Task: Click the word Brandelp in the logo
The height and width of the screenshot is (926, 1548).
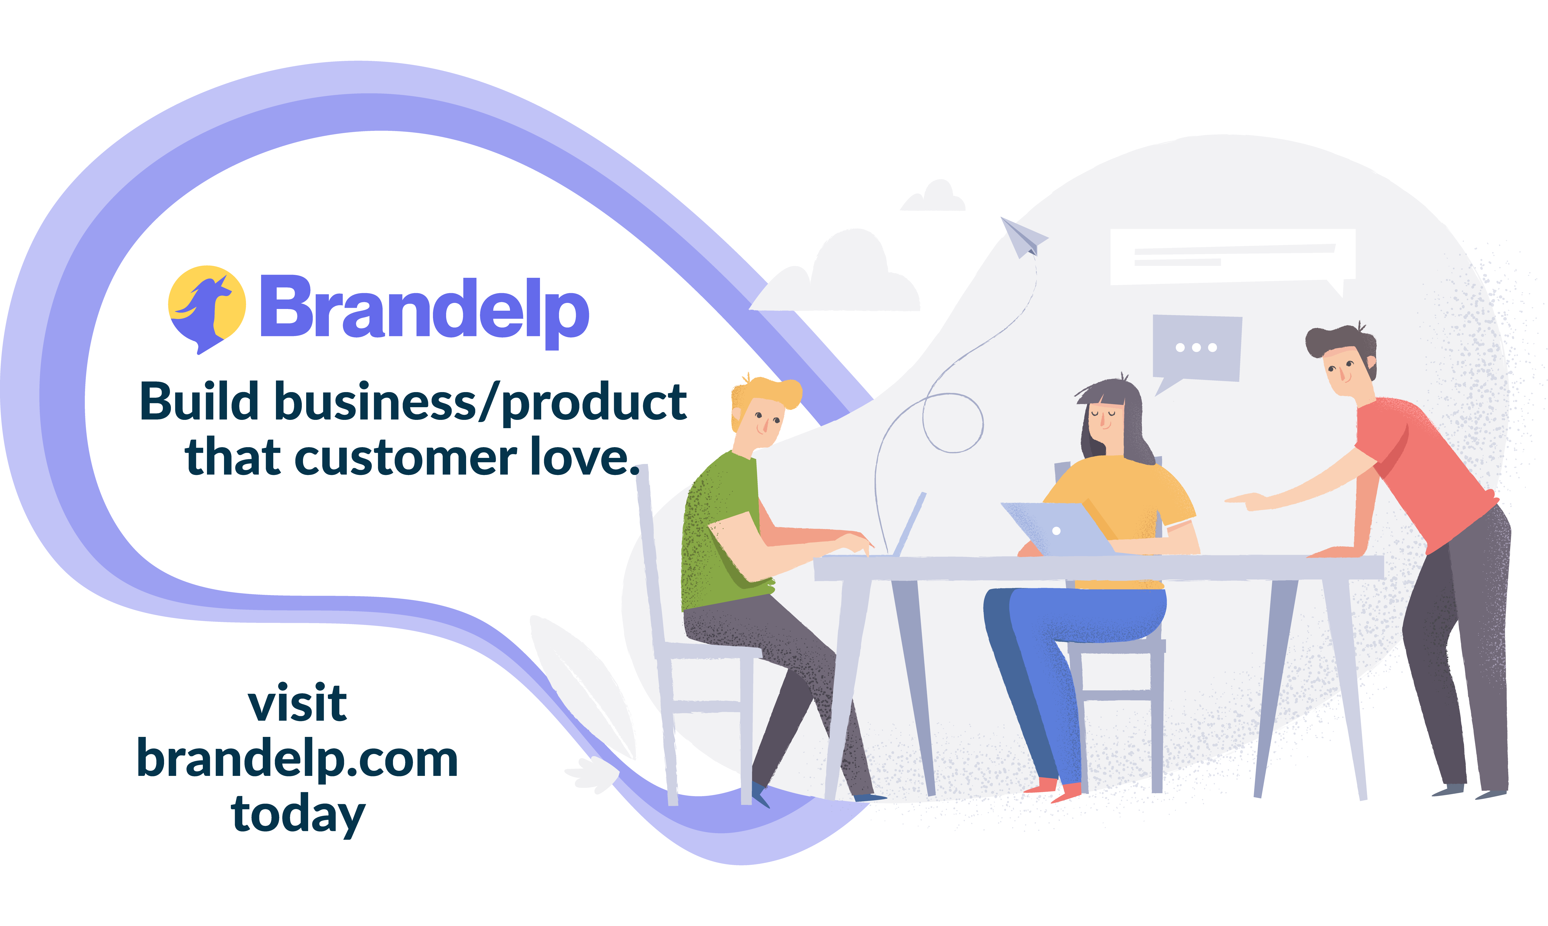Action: [x=424, y=309]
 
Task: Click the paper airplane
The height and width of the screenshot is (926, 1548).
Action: [x=1022, y=237]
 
